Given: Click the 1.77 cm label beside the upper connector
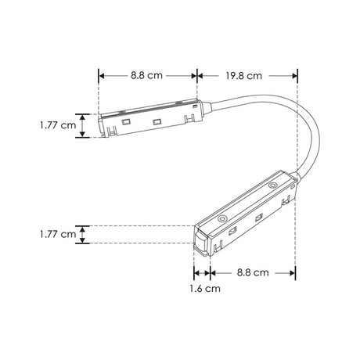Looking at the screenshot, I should click(x=58, y=124).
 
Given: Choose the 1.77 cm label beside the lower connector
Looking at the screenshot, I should click(x=58, y=233).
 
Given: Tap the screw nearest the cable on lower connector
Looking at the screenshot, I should click(x=272, y=186).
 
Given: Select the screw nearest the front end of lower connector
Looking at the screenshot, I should click(x=221, y=218).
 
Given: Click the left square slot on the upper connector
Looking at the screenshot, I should click(x=125, y=123).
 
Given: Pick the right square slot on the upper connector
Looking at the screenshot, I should click(x=157, y=121).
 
